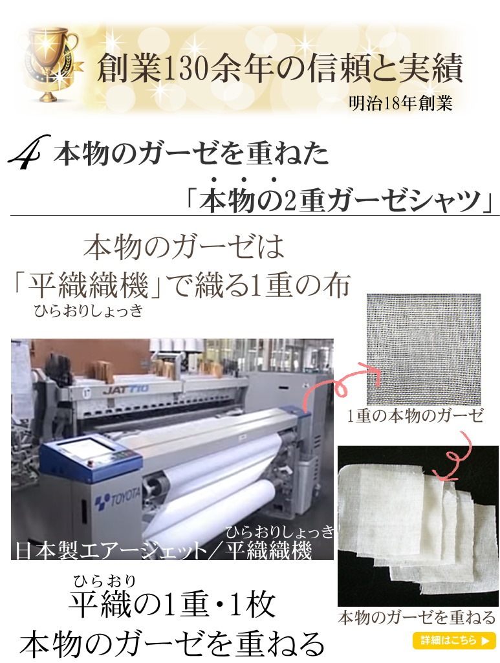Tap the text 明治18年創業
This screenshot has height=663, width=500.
[400, 103]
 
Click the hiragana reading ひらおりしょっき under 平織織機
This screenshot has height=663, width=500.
[89, 311]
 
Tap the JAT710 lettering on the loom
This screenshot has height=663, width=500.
[125, 389]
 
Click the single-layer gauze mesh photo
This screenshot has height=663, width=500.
[424, 349]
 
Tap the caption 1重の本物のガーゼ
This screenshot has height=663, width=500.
[415, 416]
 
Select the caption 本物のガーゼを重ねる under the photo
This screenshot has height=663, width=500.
[417, 618]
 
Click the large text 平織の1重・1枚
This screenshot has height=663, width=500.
[173, 603]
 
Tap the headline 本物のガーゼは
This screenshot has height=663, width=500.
[184, 247]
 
